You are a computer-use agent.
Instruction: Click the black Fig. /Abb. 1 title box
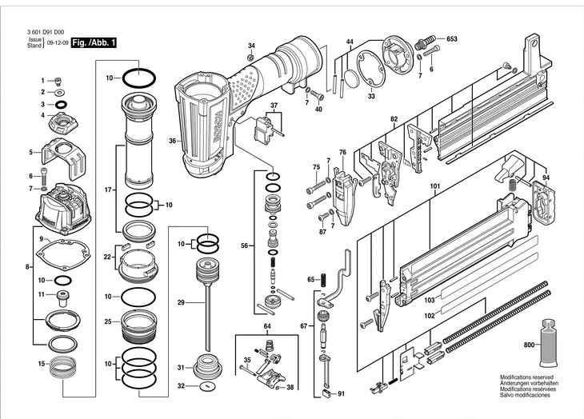[x=94, y=42]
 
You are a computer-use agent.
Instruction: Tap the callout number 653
[x=451, y=38]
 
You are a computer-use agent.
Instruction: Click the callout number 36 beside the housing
[x=172, y=141]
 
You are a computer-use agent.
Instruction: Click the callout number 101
[x=435, y=186]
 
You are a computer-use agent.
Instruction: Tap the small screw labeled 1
[x=58, y=81]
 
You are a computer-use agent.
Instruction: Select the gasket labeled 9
[x=63, y=254]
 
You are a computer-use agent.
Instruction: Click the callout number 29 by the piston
[x=181, y=302]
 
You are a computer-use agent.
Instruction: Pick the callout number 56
[x=244, y=245]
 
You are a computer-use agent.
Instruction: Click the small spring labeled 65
[x=323, y=279]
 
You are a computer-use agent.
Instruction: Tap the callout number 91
[x=341, y=393]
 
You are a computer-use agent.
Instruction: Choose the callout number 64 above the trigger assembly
[x=267, y=326]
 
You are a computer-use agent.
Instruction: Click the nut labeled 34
[x=251, y=58]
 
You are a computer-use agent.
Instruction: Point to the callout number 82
[x=394, y=119]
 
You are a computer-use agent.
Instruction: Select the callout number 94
[x=546, y=178]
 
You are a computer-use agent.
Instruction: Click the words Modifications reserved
[x=526, y=377]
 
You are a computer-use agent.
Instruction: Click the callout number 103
[x=430, y=300]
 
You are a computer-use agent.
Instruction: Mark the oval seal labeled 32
[x=206, y=386]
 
